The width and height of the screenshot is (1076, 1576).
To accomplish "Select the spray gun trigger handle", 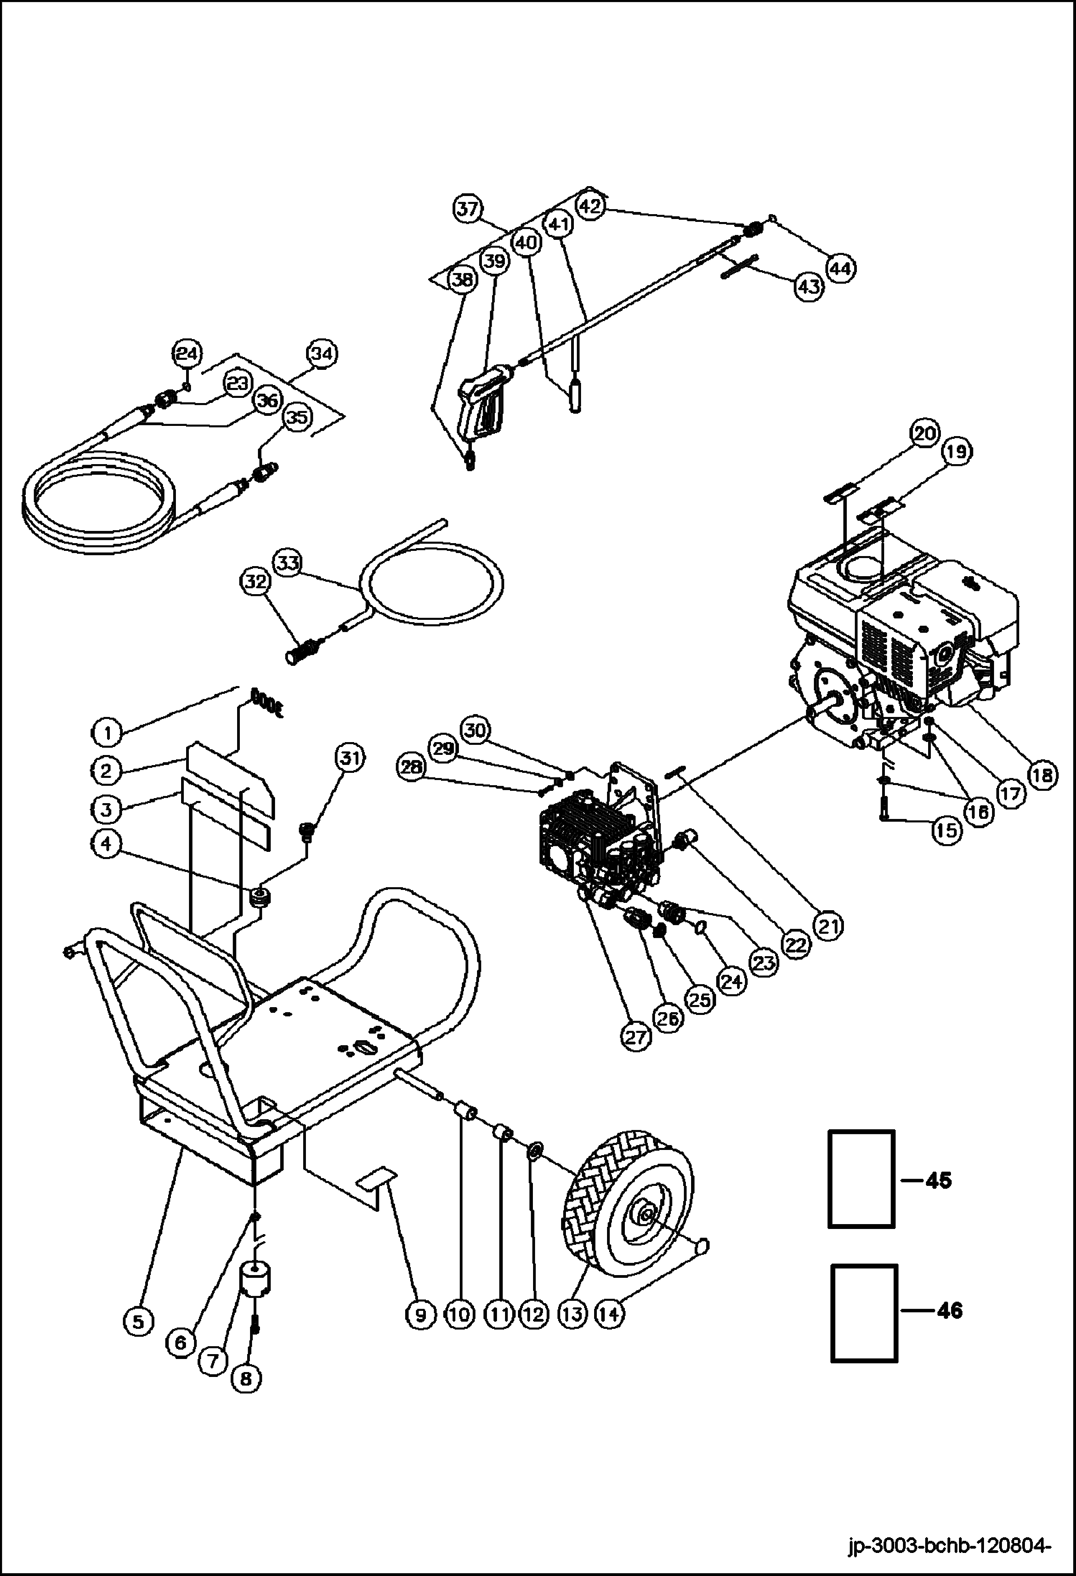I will pyautogui.click(x=482, y=407).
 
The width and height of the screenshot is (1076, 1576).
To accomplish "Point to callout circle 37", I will pyautogui.click(x=468, y=210).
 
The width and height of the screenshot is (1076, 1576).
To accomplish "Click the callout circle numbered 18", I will pyautogui.click(x=1042, y=775).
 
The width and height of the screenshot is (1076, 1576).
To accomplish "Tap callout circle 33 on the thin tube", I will pyautogui.click(x=287, y=562).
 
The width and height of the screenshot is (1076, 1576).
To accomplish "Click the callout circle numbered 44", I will pyautogui.click(x=841, y=269).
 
